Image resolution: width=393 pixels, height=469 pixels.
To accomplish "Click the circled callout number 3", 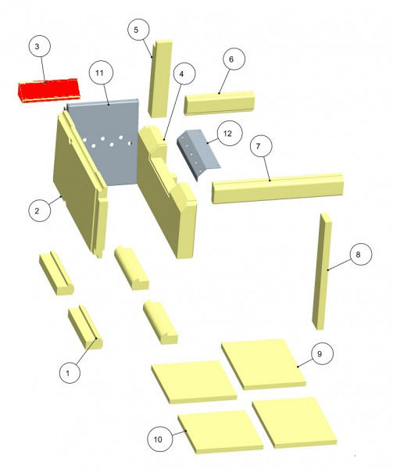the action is (37, 46).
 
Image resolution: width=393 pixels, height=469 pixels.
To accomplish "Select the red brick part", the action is (48, 91).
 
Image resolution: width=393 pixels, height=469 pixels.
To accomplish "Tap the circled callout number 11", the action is (100, 73).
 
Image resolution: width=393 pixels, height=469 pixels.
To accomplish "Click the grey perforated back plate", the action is (104, 143).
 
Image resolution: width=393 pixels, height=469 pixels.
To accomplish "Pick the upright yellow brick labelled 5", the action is (160, 79).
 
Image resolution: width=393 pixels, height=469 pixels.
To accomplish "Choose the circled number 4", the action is (182, 74).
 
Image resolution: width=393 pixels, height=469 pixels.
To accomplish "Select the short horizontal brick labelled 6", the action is (219, 102).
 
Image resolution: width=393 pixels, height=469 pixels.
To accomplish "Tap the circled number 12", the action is (228, 133).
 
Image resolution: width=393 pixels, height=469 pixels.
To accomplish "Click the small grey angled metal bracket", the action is (198, 152).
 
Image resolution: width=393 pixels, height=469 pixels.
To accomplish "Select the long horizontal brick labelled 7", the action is (277, 188).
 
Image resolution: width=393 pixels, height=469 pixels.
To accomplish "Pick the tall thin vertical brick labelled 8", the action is (322, 271).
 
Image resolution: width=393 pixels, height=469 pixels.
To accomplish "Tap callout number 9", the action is (320, 354).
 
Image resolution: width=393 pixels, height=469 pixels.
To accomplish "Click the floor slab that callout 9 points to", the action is (263, 364).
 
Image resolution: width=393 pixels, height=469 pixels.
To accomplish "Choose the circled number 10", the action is (158, 439).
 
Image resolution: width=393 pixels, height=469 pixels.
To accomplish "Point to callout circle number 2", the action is (37, 211).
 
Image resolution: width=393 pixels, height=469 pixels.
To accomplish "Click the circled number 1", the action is (68, 374).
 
